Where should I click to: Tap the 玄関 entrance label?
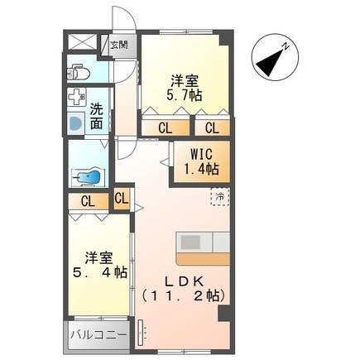[119, 45]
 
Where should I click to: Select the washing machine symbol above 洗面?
[80, 97]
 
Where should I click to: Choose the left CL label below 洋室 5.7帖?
[166, 127]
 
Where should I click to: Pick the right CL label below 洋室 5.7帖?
[213, 127]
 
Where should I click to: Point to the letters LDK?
[184, 279]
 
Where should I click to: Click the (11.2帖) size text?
[184, 295]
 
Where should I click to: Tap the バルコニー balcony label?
[98, 336]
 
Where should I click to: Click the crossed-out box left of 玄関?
[84, 44]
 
